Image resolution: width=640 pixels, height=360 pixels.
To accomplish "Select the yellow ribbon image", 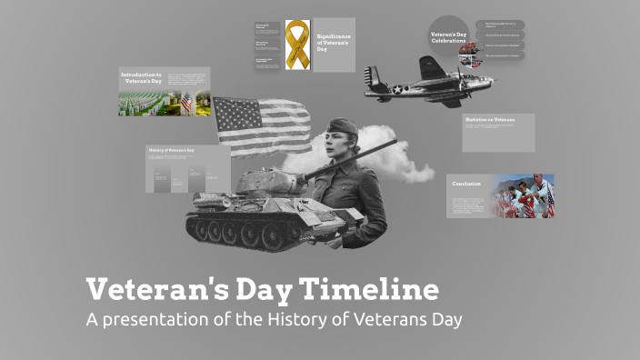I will [297, 45].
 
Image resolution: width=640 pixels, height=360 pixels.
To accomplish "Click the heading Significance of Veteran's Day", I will [333, 44].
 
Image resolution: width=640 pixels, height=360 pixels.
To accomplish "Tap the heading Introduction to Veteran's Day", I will [144, 76].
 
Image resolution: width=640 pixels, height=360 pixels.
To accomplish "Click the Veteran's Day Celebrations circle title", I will [448, 39].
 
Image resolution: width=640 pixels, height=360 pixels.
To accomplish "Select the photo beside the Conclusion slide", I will [525, 196].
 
